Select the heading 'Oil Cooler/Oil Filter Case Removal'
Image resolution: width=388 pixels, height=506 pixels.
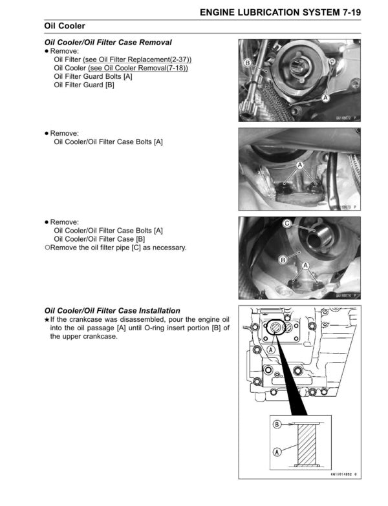click(x=107, y=42)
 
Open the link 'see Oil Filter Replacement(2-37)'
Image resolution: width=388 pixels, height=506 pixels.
click(x=137, y=59)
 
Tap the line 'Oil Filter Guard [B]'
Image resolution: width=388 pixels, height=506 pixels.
click(x=84, y=85)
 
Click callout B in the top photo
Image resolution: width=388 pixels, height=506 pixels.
click(x=248, y=63)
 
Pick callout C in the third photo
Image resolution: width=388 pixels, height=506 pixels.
click(x=286, y=223)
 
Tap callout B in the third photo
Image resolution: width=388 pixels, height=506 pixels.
click(x=282, y=260)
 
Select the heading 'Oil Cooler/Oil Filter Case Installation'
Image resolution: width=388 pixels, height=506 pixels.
click(x=112, y=311)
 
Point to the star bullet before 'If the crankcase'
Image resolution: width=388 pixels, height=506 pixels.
click(x=47, y=320)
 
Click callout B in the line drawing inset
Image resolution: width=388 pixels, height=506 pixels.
click(x=277, y=425)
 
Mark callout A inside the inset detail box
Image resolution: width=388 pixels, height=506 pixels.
click(x=277, y=452)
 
